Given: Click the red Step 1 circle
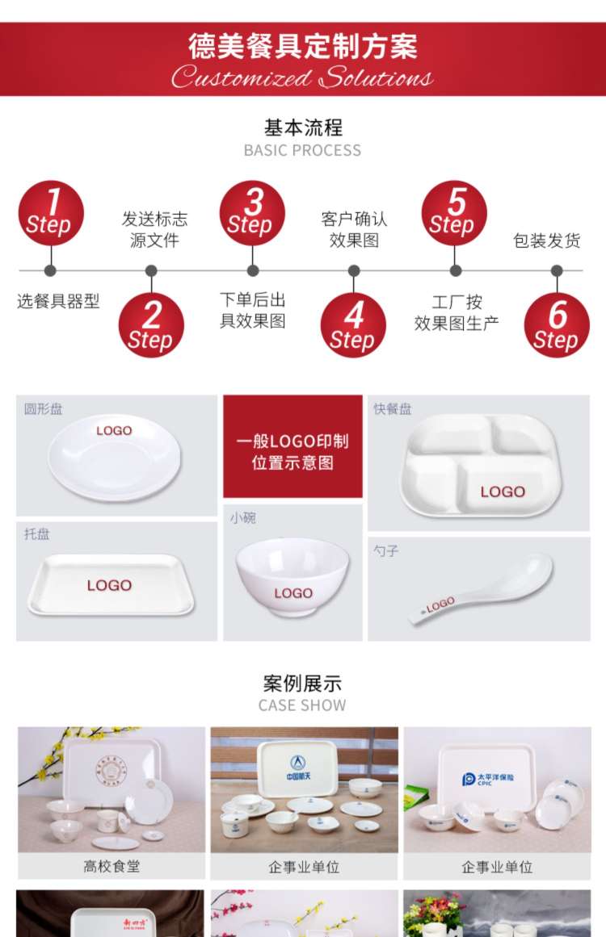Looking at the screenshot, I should point(51,213).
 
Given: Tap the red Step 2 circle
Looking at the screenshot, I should point(151,325).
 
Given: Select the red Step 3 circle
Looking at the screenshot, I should point(252,213).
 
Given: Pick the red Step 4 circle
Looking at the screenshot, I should point(353,325).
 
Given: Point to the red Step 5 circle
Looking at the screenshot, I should point(454,213).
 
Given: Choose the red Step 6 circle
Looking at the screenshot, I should point(556,325).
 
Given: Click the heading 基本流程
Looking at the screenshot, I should point(303,128).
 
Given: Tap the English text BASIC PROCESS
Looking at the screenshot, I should point(303,150).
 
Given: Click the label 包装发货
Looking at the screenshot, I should point(547,241).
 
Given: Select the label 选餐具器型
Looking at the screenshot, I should point(58,301).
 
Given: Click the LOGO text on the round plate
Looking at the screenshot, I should point(114,431).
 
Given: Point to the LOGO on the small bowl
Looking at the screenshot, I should point(292,593).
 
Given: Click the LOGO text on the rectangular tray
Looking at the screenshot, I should point(109,585).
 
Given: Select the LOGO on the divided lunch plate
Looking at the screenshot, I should point(503,492).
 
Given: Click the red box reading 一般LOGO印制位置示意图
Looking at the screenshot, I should point(292,452).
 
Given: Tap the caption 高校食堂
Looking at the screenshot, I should point(112,866).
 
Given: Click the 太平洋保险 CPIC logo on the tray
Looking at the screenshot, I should point(493,780).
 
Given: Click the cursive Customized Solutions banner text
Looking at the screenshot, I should point(303,78).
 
